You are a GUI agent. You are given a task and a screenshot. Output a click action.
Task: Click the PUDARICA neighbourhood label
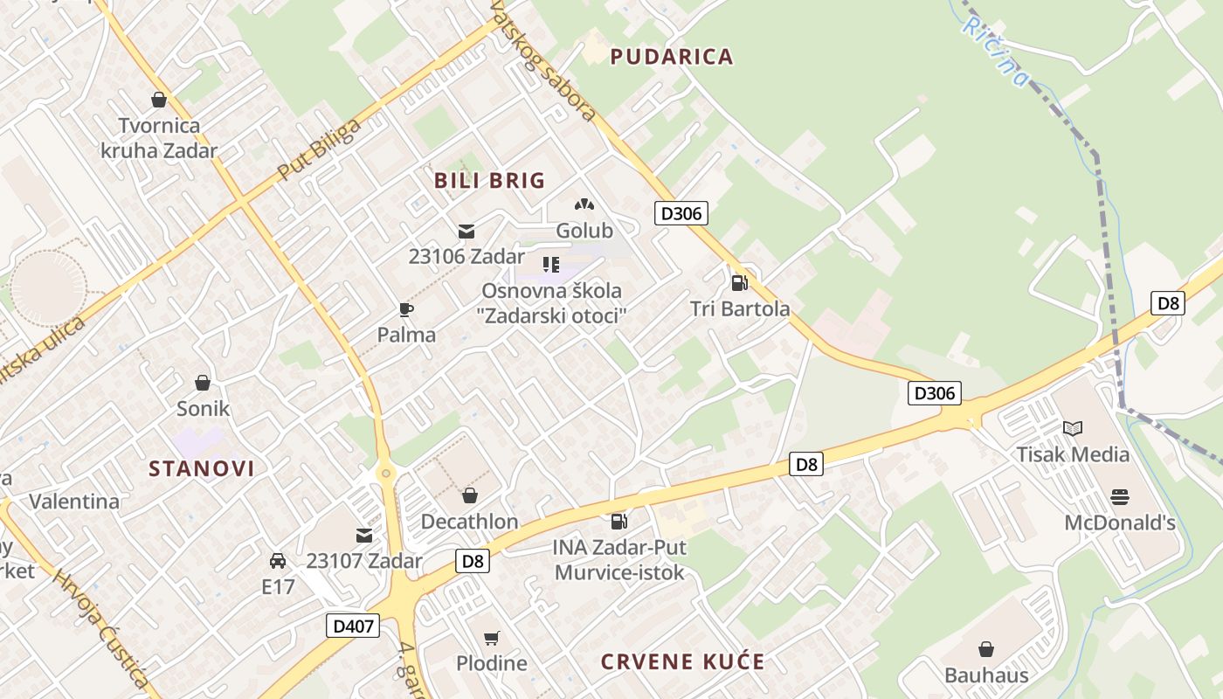(671, 57)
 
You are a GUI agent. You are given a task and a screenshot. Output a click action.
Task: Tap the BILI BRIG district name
(489, 181)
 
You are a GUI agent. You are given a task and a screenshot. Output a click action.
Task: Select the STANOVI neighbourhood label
(202, 468)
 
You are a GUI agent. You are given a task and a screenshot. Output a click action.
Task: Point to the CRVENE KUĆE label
(682, 661)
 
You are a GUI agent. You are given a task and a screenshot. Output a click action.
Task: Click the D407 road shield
(353, 626)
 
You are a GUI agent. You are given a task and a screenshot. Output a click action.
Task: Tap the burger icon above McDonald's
(1120, 497)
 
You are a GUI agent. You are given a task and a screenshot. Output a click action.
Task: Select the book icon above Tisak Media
(1073, 428)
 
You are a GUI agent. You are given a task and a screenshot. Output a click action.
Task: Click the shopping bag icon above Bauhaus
(986, 649)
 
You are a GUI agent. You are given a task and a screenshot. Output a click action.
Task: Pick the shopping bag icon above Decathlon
(470, 496)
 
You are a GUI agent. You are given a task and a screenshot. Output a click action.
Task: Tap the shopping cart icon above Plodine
(492, 638)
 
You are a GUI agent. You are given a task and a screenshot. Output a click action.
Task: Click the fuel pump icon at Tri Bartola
(739, 282)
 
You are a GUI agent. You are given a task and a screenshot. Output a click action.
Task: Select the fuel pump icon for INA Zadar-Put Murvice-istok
(618, 522)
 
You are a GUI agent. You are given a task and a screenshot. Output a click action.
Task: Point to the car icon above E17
(278, 560)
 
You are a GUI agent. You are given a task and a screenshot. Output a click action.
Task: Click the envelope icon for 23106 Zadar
(466, 231)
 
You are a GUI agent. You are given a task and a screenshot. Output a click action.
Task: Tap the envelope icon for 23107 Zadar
(363, 535)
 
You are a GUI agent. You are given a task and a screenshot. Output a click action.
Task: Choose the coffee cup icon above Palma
(406, 308)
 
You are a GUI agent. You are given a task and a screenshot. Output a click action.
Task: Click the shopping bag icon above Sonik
(203, 383)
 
